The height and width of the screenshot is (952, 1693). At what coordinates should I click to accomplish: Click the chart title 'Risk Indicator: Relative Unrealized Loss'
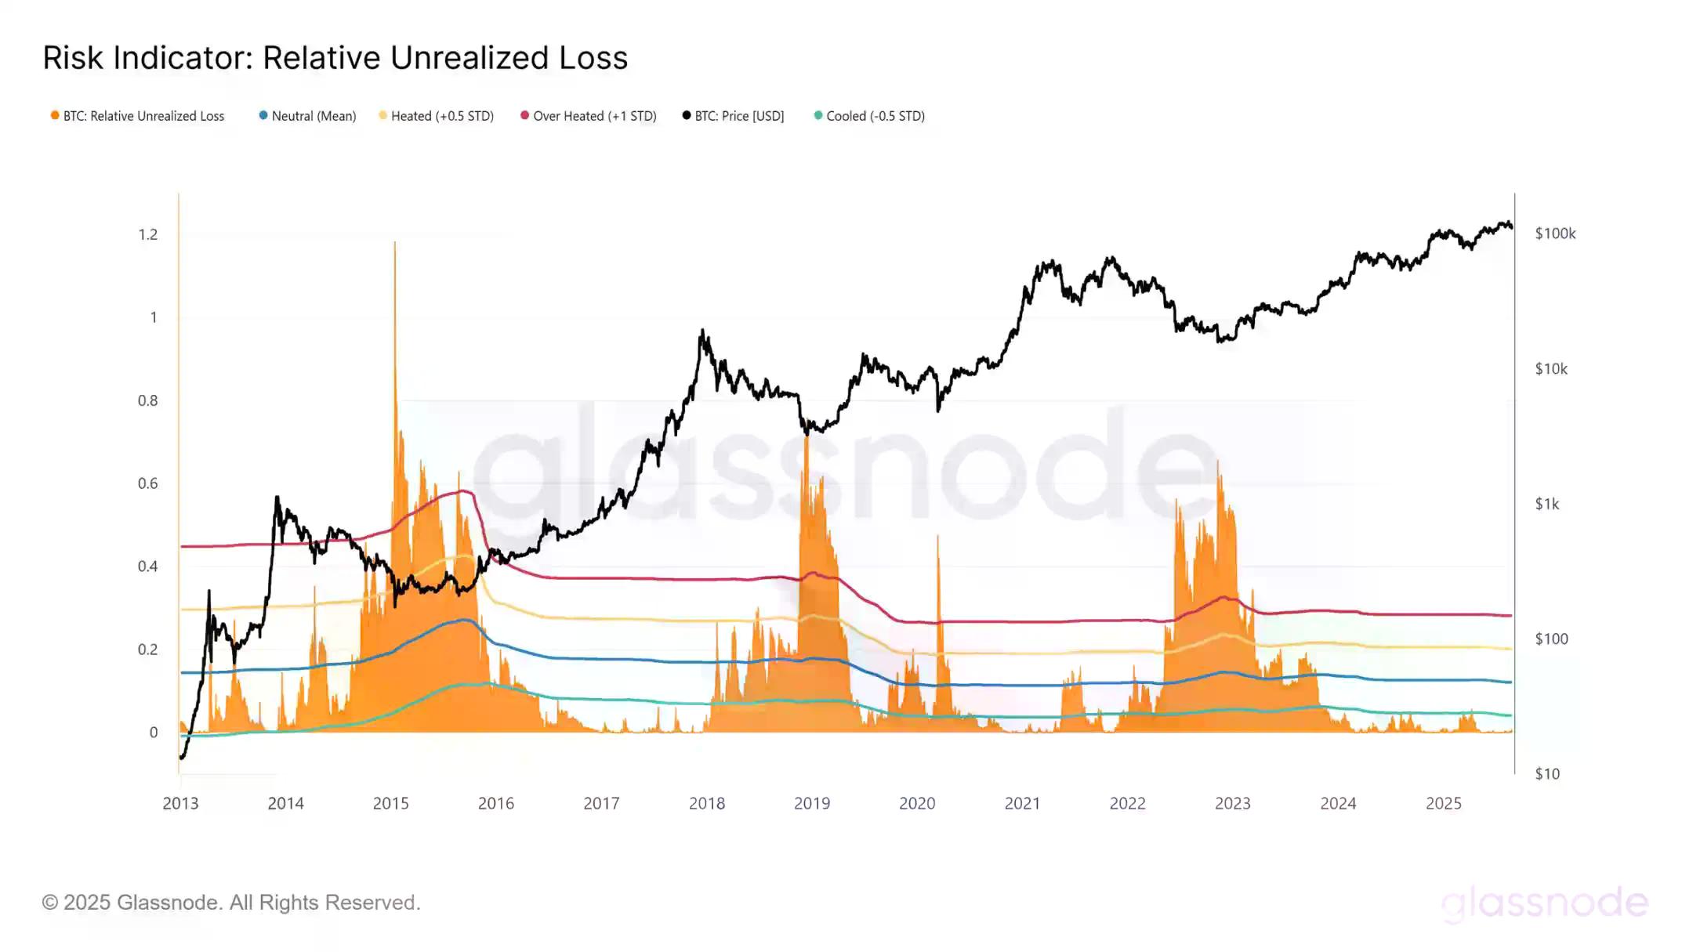point(335,58)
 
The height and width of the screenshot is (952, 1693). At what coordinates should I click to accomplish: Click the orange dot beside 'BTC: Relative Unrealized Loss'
point(55,115)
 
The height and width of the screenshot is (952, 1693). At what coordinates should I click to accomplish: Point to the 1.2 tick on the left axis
point(148,234)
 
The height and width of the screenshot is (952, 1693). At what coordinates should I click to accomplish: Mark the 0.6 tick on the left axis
point(148,483)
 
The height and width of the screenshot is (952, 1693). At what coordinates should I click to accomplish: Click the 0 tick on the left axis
point(154,733)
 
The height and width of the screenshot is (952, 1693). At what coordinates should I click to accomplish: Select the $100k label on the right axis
point(1555,233)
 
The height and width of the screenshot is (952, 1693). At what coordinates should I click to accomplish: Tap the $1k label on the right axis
point(1547,504)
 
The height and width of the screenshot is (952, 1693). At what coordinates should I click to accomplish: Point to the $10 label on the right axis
point(1547,774)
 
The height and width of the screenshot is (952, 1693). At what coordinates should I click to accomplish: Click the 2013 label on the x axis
point(180,803)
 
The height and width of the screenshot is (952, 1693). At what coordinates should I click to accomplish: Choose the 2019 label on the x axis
point(812,803)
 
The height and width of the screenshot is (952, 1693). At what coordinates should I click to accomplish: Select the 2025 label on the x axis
point(1443,803)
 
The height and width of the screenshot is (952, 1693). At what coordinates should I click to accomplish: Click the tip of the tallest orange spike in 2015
point(395,243)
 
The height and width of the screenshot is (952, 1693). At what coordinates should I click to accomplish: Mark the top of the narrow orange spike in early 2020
point(938,537)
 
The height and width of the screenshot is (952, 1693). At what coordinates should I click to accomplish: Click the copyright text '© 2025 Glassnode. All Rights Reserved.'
point(231,903)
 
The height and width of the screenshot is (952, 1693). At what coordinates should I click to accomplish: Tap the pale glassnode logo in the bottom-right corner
point(1544,903)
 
